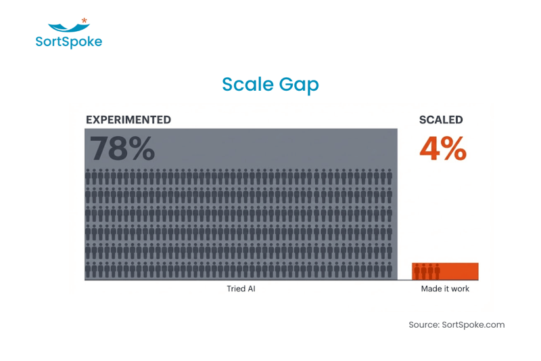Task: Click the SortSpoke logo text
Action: click(68, 42)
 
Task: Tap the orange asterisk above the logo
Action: click(84, 21)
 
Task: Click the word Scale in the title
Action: click(247, 84)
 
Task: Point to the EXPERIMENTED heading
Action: click(128, 120)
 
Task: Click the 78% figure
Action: click(122, 148)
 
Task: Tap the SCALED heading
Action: click(441, 120)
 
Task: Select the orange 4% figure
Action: click(443, 148)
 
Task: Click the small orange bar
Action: click(460, 271)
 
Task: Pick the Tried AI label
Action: click(241, 289)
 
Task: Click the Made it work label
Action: click(445, 289)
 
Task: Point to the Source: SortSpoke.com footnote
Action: click(456, 324)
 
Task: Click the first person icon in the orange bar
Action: click(417, 272)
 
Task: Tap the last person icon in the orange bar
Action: click(437, 272)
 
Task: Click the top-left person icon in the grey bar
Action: click(89, 177)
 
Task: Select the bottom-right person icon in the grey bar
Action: click(389, 270)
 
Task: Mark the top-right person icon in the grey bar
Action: click(389, 177)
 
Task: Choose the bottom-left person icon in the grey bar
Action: click(89, 270)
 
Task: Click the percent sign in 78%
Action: click(142, 149)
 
